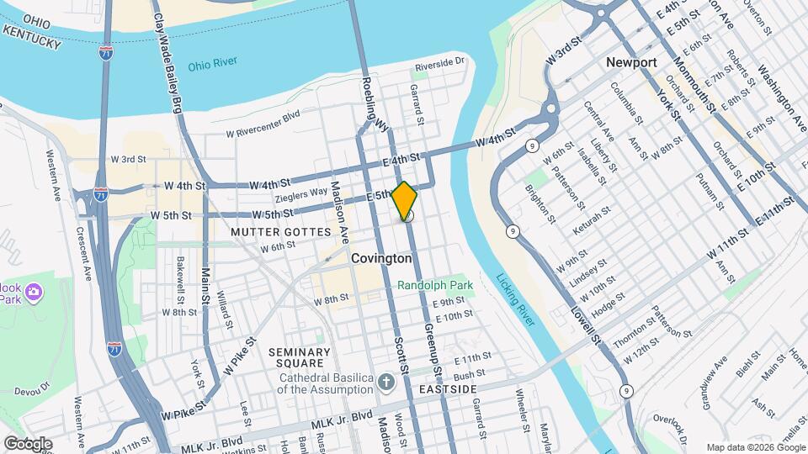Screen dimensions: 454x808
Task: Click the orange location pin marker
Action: (x=404, y=200)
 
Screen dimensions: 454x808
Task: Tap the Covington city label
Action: (x=381, y=259)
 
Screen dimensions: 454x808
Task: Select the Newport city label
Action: (x=631, y=63)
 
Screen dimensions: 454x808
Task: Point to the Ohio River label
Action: (x=213, y=63)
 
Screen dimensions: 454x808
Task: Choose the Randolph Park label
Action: (x=435, y=285)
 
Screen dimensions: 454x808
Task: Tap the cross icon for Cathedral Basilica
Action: (x=386, y=383)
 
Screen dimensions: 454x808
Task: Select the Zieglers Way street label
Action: (x=302, y=193)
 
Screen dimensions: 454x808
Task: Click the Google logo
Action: (x=28, y=444)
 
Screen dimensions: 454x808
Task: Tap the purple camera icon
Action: (x=35, y=293)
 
